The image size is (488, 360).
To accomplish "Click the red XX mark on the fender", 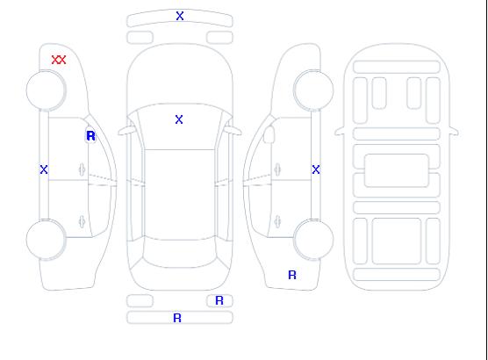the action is coord(59,60).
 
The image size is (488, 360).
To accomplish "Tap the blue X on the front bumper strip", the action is coord(180,16).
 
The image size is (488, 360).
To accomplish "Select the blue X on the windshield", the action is coord(179,119).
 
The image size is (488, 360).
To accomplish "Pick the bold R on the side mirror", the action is coord(90,136).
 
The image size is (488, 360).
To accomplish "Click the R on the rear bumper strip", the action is coord(177,318).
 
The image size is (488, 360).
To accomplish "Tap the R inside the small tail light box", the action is coord(219,300).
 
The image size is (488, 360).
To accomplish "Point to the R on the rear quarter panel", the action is coord(292,275).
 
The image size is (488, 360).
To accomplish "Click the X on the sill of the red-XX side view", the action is coord(44,169).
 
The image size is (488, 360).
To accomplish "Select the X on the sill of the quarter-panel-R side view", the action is coord(316,169).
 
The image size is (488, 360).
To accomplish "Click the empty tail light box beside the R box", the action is coord(140,301).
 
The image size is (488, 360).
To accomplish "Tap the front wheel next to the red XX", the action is coord(46,90).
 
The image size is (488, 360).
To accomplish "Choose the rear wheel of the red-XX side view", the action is coord(46,240).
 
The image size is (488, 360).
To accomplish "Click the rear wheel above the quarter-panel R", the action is coord(313,240).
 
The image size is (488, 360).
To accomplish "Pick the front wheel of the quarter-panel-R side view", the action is coord(313,90).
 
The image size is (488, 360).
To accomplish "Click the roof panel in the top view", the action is coord(180,195).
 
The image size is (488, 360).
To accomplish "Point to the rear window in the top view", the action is coord(180,254).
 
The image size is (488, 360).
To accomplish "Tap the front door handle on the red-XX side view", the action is coord(82,169).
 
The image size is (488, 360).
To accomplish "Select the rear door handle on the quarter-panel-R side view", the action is coord(277,221).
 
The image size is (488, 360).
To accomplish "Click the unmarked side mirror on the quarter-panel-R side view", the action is coord(269,134).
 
